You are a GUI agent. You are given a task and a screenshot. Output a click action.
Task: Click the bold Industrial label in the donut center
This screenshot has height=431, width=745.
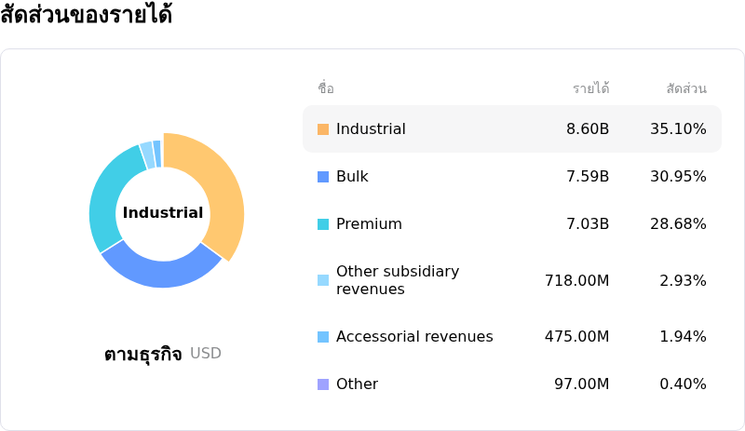coord(163,212)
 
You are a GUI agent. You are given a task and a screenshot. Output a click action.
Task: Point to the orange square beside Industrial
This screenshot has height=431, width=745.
coord(323,129)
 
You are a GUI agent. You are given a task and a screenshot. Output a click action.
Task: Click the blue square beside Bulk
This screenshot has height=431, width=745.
coord(323,177)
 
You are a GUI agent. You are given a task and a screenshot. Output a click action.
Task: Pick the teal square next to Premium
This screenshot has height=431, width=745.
coord(323,224)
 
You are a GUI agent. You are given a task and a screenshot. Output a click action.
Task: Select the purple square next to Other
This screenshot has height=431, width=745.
coord(323,384)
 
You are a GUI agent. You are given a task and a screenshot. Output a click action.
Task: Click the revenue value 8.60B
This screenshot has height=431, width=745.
coord(588,128)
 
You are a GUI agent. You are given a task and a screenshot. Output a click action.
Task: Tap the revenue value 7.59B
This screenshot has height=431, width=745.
coord(588,176)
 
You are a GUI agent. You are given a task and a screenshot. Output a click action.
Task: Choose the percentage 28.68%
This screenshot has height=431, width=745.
coord(678,223)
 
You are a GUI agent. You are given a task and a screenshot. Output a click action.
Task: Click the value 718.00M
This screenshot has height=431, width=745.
coord(576,280)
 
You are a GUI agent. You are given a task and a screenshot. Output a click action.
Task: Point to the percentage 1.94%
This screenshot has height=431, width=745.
coord(683,336)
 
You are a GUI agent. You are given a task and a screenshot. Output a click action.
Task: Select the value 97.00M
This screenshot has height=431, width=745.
coord(581,384)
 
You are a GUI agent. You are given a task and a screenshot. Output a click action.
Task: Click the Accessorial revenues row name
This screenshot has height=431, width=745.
coord(414,336)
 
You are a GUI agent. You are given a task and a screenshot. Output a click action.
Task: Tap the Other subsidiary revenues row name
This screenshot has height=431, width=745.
coord(398,280)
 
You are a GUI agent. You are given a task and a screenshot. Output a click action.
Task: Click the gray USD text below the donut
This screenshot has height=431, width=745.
coord(206,353)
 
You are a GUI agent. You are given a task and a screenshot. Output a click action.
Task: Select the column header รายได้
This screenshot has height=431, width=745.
coord(591,88)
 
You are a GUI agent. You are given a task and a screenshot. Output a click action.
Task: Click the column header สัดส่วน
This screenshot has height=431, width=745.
coord(686,88)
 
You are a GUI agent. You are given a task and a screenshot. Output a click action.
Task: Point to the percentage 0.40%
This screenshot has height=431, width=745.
coord(683,384)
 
